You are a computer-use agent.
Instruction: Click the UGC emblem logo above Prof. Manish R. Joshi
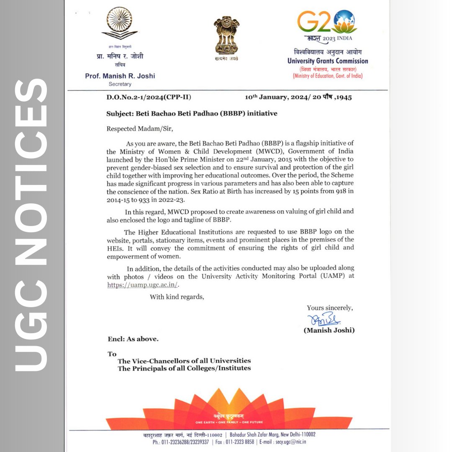(120, 25)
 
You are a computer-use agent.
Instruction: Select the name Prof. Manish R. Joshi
(120, 76)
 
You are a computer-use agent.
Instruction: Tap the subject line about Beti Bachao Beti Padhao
(192, 113)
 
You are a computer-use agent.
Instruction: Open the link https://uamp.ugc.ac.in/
(143, 285)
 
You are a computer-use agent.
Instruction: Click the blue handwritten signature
(324, 320)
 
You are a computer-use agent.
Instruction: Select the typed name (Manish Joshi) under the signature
(329, 330)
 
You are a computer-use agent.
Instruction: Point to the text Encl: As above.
(133, 339)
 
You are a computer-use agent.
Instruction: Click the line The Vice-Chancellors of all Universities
(184, 361)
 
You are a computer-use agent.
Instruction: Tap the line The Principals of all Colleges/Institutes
(184, 368)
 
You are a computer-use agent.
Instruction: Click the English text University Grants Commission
(328, 61)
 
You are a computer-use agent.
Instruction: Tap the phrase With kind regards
(177, 297)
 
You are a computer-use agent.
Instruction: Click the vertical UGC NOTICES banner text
(31, 226)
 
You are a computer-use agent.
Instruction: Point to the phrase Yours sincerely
(329, 308)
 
